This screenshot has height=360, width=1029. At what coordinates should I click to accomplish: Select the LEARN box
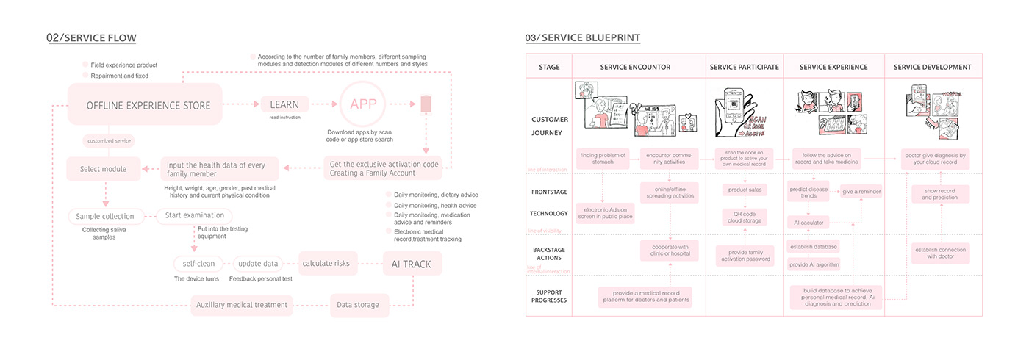[284, 104]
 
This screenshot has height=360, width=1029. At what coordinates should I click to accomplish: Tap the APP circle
[363, 104]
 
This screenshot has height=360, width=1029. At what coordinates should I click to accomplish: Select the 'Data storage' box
[358, 305]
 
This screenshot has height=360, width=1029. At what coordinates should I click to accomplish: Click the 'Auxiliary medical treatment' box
[242, 305]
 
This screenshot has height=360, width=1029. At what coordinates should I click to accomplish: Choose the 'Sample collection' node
[105, 216]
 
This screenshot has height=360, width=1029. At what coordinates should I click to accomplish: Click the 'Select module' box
[103, 169]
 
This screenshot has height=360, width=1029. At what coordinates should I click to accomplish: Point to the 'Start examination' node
[194, 216]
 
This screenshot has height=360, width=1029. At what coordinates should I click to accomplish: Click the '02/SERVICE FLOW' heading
[91, 38]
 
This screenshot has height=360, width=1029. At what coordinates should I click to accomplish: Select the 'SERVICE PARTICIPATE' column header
[744, 67]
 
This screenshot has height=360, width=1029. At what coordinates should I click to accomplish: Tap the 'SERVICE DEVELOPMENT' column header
[932, 67]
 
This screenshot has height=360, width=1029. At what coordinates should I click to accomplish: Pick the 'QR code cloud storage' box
[745, 217]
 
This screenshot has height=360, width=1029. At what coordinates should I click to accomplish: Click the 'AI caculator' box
[808, 222]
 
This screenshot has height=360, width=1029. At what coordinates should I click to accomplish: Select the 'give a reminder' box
[861, 192]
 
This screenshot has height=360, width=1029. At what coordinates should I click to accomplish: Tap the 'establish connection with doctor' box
[941, 254]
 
